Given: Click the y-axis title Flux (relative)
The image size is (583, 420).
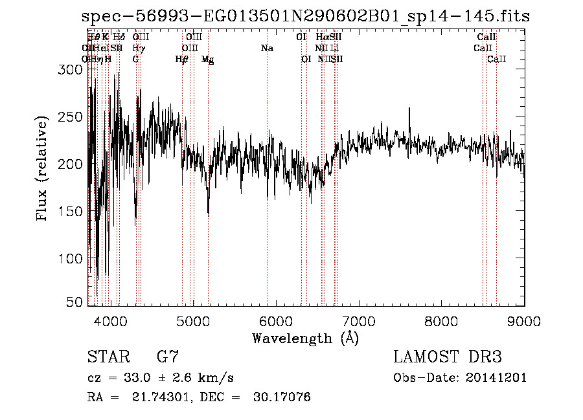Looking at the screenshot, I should pyautogui.click(x=43, y=170).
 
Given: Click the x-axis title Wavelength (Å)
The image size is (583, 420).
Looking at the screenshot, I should pyautogui.click(x=305, y=338).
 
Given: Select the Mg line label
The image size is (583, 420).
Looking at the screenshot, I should pyautogui.click(x=208, y=60).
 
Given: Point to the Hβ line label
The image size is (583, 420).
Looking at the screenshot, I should pyautogui.click(x=182, y=60).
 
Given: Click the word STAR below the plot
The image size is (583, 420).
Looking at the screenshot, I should pyautogui.click(x=108, y=357).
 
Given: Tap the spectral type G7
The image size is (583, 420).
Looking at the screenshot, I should pyautogui.click(x=168, y=357).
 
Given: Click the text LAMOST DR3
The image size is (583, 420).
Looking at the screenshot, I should pyautogui.click(x=448, y=357).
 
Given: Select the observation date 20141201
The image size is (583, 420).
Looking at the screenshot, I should pyautogui.click(x=496, y=378).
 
